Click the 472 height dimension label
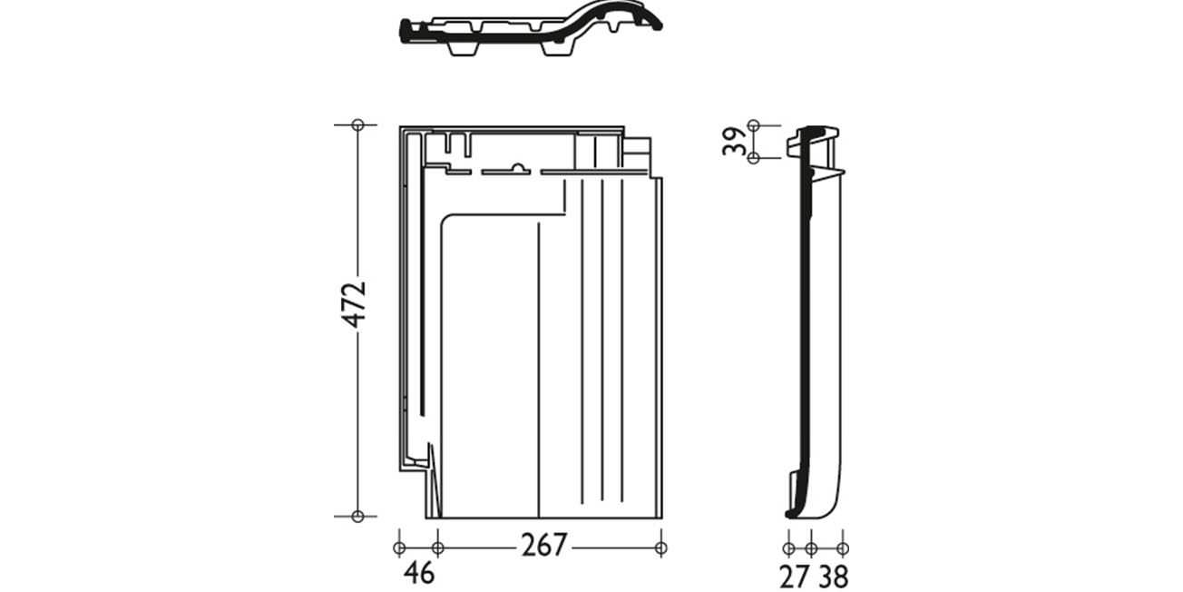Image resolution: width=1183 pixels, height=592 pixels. coord(354,304)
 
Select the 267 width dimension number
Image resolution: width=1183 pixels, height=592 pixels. coord(544,545)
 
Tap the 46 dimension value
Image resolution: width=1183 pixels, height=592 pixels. coord(419,572)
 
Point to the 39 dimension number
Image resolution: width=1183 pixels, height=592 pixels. coord(735,141)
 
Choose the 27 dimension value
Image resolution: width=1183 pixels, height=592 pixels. coord(795,577)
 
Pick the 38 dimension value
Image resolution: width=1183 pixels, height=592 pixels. coord(834,577)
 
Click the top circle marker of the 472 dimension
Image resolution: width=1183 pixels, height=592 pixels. coord(357,125)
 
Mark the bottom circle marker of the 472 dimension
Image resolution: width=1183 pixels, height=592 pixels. coord(357,516)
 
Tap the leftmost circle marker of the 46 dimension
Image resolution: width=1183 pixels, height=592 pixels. coord(399,548)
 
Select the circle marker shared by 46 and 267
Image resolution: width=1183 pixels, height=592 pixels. coord(437,548)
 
